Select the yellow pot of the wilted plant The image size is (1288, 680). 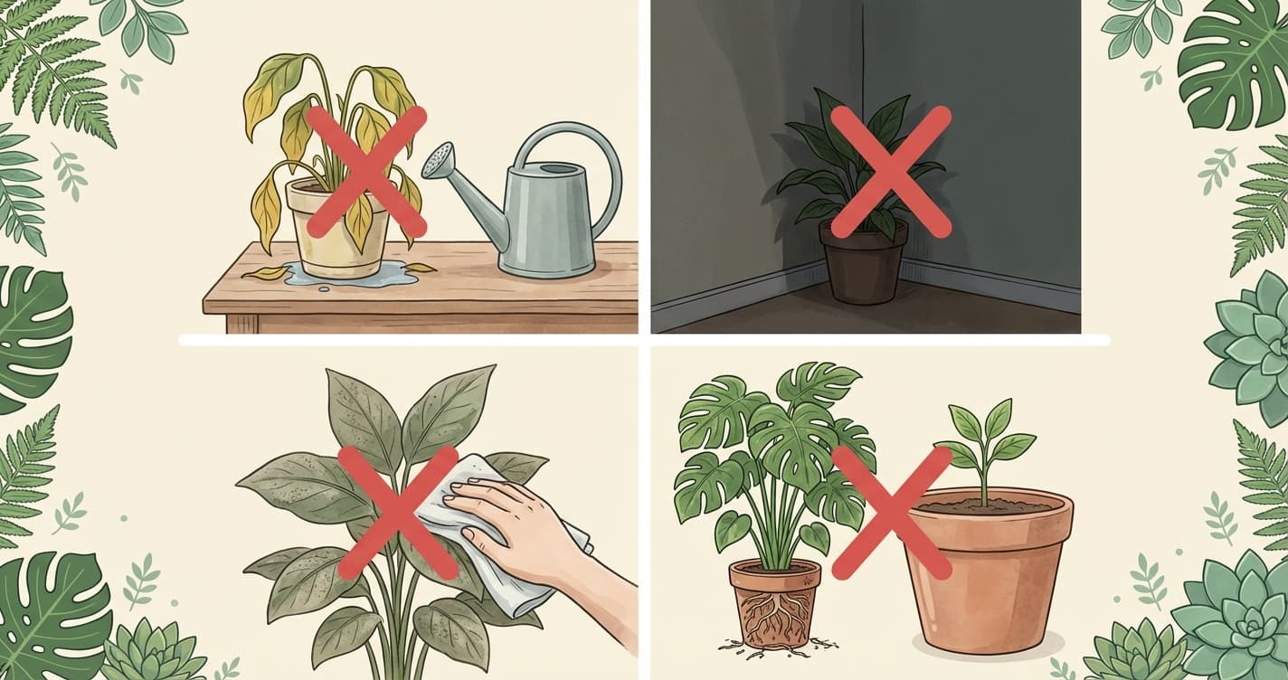336,240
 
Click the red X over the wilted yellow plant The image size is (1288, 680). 365,171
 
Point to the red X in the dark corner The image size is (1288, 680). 890,172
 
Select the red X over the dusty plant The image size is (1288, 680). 398,512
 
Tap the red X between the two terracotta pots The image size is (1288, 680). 891,512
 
